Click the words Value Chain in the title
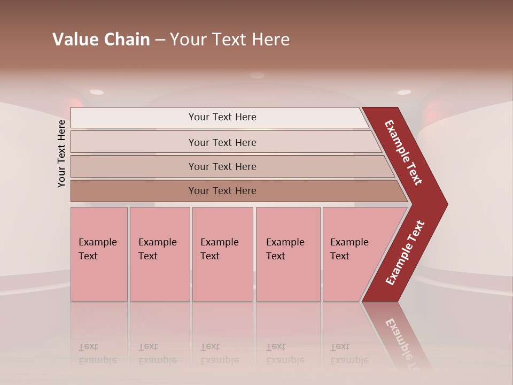101,40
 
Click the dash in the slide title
160,40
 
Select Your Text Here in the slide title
230,40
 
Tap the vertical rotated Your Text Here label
61,153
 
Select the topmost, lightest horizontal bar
222,117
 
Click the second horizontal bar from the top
222,142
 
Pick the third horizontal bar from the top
222,166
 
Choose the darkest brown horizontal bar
222,191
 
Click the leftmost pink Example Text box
99,254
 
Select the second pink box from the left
159,254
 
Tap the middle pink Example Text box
222,254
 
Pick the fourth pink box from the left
287,254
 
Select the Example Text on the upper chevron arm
403,152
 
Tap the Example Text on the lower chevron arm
405,252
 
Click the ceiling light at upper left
97,92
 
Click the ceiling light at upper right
404,92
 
